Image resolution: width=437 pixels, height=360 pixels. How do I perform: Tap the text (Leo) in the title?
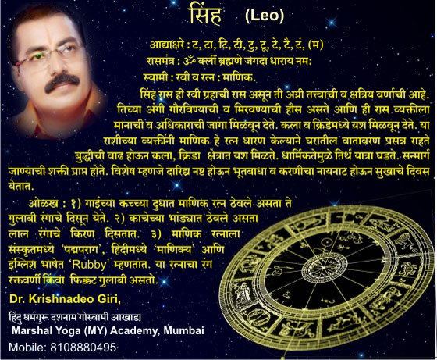[x=265, y=16]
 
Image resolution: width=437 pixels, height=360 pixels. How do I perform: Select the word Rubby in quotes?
[x=89, y=265]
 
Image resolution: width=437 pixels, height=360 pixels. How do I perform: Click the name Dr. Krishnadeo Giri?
[x=66, y=299]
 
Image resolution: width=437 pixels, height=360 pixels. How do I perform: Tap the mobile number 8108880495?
[x=83, y=348]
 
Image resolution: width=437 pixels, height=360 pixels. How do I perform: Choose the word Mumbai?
[x=183, y=330]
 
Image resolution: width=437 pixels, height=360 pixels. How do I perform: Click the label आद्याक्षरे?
[x=167, y=45]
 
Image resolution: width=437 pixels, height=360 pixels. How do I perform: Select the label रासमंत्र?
[x=161, y=61]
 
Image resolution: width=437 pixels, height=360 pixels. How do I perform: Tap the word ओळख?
[x=43, y=204]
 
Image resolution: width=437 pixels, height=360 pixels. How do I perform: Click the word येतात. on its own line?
[x=21, y=186]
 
